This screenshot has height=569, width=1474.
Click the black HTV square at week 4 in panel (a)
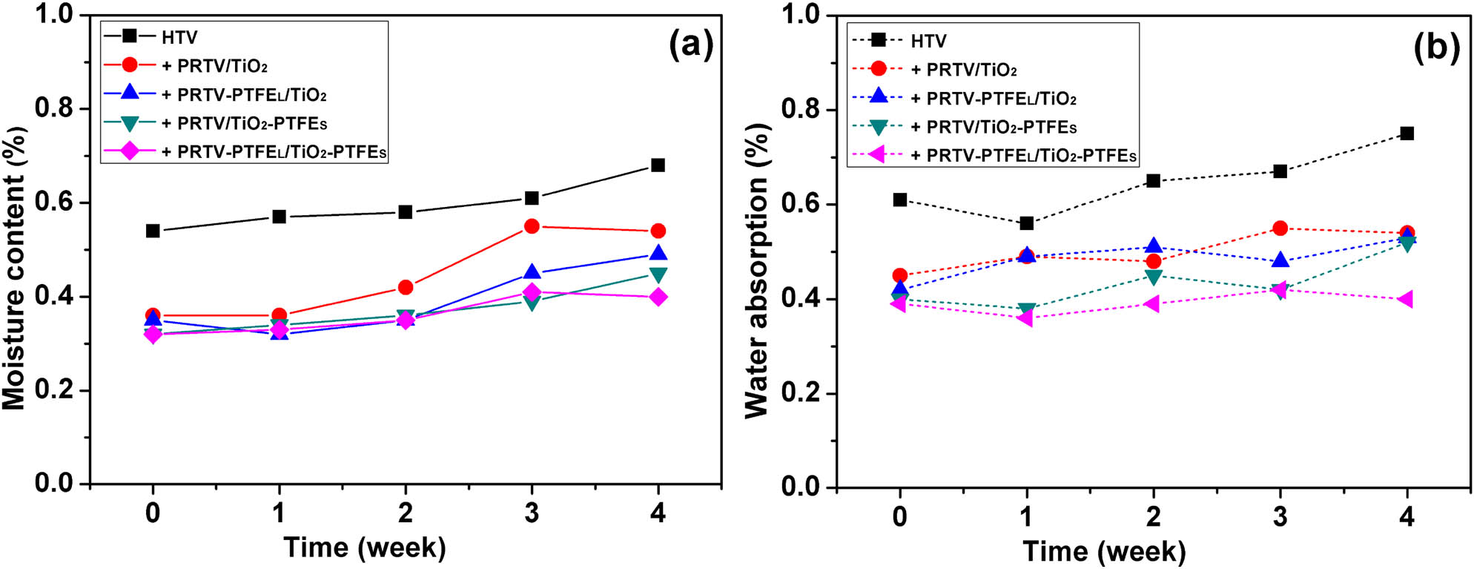tap(658, 165)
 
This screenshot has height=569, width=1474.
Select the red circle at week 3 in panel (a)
tap(532, 226)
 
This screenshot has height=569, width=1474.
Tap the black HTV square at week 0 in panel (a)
tap(153, 231)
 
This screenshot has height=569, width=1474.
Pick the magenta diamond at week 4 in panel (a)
tap(658, 297)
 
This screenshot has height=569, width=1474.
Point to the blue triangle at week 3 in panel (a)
tap(532, 272)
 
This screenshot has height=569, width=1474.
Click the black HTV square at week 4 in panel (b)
tap(1407, 134)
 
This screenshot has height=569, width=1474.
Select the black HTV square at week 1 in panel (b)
tap(1027, 223)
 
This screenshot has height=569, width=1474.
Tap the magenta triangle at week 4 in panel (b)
tap(1406, 299)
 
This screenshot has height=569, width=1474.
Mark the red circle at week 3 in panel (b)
tap(1280, 228)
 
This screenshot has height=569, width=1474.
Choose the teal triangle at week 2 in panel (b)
tap(1153, 277)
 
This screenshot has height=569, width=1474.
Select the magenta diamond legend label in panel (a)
tap(274, 152)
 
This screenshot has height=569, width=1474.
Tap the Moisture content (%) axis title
tap(15, 267)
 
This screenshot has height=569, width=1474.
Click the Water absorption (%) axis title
tap(757, 271)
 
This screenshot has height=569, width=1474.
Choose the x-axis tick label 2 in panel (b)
tap(1153, 516)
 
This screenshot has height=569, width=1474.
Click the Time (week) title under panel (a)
tap(365, 547)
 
